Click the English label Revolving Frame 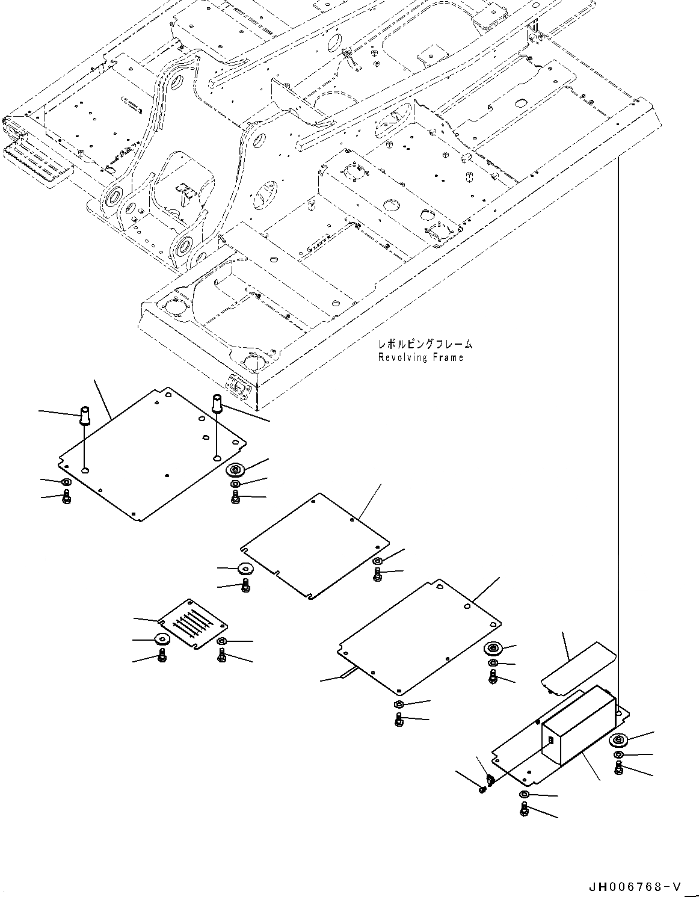click(420, 357)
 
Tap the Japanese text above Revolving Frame click(425, 344)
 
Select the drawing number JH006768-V click(636, 886)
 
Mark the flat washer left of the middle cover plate click(245, 569)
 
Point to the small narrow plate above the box click(577, 667)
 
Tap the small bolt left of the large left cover click(66, 497)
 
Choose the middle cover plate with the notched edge click(313, 544)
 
